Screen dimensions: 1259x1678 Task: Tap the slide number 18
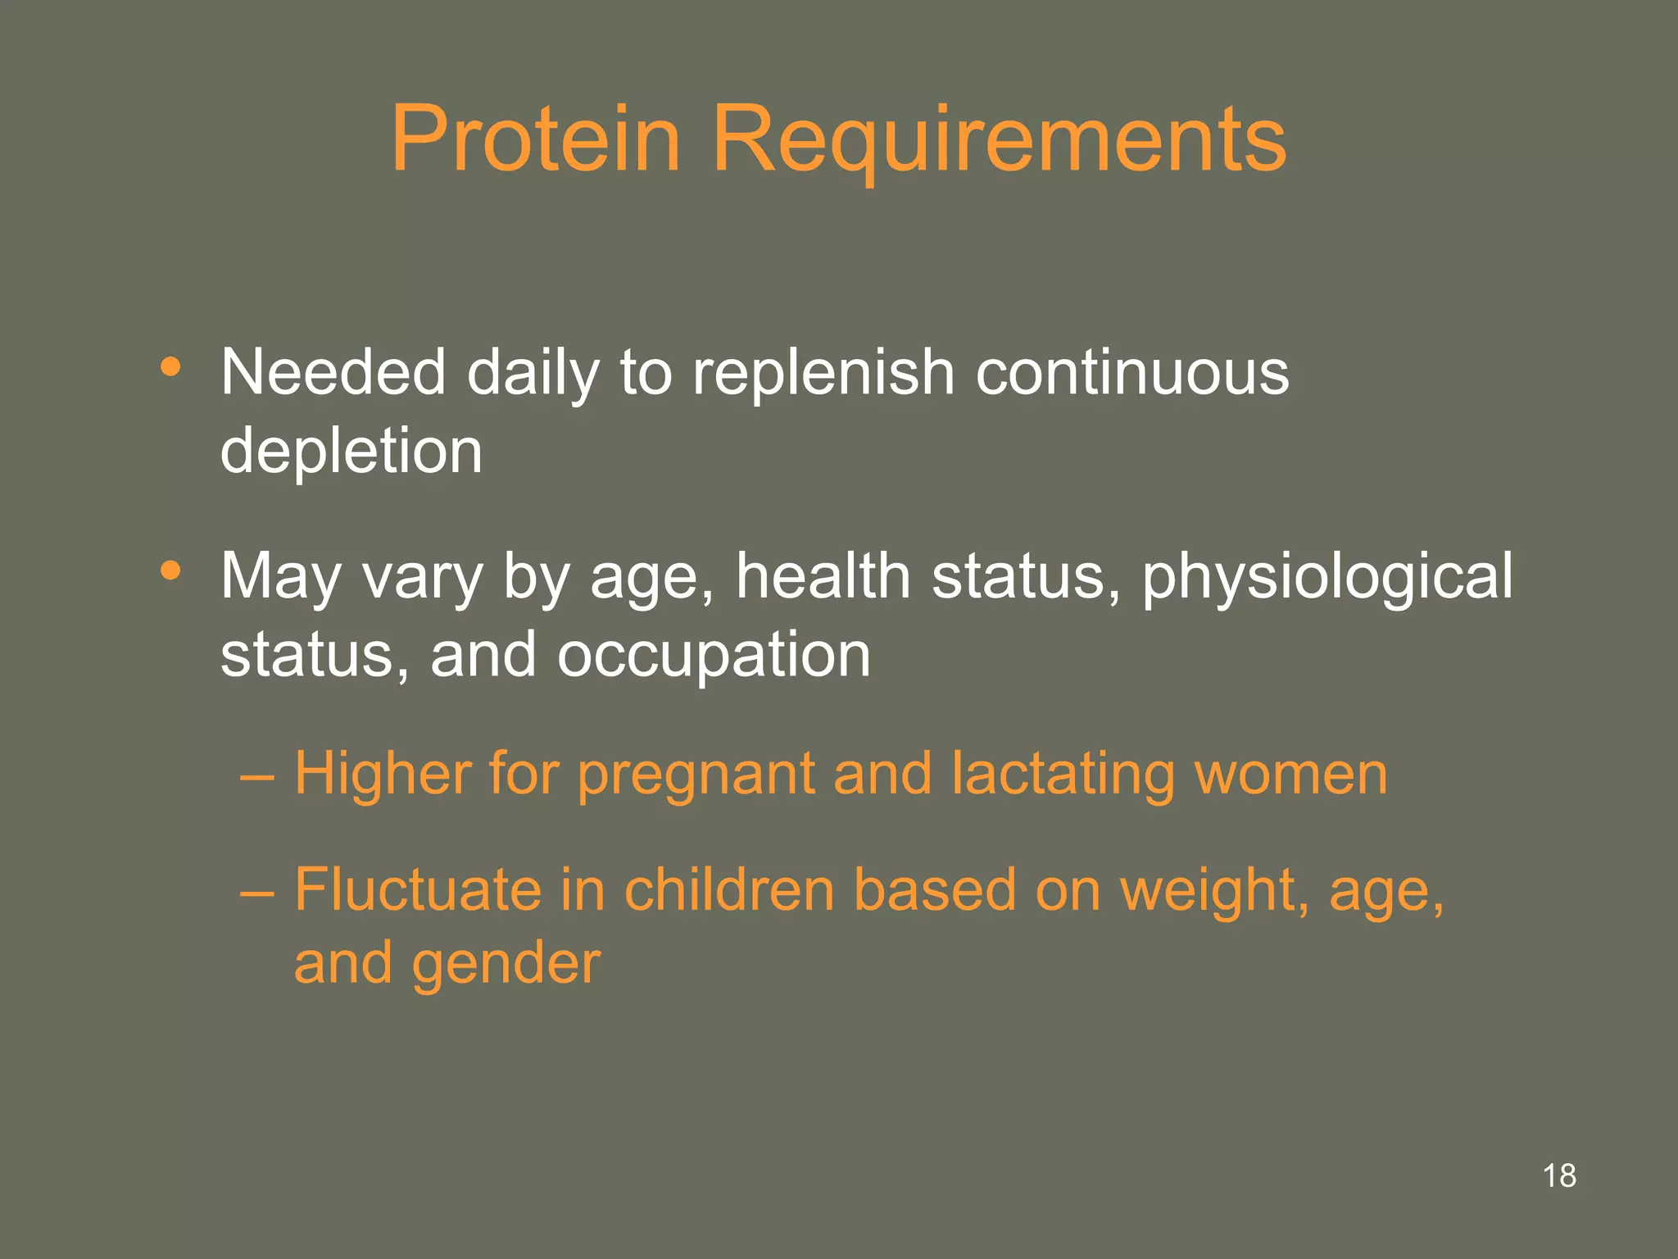1558,1175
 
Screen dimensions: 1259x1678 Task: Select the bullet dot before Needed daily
170,366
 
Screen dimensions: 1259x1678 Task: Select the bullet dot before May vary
170,570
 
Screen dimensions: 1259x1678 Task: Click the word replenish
823,373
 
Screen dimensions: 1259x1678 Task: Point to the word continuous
1132,373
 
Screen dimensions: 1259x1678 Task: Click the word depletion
351,452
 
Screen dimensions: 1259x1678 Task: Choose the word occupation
714,656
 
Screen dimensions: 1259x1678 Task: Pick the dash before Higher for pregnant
257,775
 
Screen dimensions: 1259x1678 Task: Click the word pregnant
696,775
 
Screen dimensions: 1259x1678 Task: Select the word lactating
1063,775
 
